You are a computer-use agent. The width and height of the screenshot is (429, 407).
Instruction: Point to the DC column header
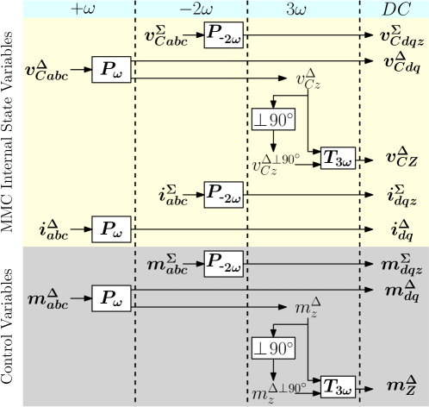pyautogui.click(x=395, y=9)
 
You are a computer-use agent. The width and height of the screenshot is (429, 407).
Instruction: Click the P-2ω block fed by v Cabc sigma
pyautogui.click(x=224, y=38)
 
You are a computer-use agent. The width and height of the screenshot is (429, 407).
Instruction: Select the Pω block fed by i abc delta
pyautogui.click(x=111, y=229)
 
